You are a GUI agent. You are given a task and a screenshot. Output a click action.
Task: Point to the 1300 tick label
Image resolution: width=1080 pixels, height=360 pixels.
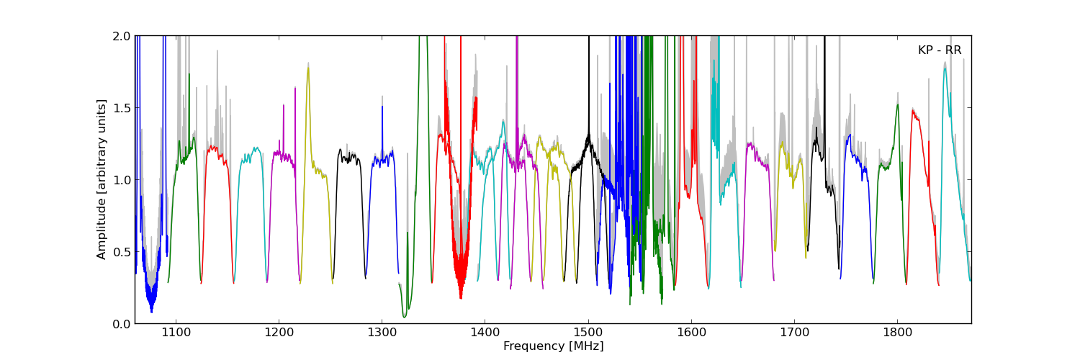pyautogui.click(x=382, y=333)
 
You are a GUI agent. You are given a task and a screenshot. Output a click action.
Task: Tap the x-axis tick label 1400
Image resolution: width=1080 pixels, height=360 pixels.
pyautogui.click(x=485, y=333)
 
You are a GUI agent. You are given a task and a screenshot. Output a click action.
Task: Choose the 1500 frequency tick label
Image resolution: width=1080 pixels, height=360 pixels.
pyautogui.click(x=588, y=333)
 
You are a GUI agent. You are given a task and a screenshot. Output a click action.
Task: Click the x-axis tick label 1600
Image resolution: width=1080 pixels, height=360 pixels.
pyautogui.click(x=691, y=333)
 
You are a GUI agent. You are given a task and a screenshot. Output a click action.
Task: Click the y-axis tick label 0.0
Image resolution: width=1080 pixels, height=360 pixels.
pyautogui.click(x=122, y=324)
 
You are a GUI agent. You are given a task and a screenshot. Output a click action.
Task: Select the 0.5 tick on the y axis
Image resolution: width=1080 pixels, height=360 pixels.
pyautogui.click(x=122, y=252)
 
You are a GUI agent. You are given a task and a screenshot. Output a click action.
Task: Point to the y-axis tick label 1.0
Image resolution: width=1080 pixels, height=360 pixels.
pyautogui.click(x=122, y=180)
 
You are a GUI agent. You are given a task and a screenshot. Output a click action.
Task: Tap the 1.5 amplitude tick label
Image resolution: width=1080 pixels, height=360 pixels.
pyautogui.click(x=122, y=108)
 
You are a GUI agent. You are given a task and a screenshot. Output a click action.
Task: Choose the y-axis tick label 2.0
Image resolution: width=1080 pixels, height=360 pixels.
pyautogui.click(x=122, y=36)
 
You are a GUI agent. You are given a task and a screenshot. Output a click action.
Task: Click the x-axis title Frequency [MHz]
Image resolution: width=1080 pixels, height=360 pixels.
pyautogui.click(x=553, y=346)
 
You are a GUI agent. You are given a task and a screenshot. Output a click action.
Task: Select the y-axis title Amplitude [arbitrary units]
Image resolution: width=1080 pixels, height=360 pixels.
pyautogui.click(x=102, y=179)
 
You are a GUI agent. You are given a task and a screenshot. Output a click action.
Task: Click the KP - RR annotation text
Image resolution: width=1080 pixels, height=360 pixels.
pyautogui.click(x=940, y=50)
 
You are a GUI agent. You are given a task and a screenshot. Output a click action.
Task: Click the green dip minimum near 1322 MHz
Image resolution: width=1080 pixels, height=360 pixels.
pyautogui.click(x=405, y=316)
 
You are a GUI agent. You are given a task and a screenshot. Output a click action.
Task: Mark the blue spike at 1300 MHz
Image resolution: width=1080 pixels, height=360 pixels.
pyautogui.click(x=382, y=108)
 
